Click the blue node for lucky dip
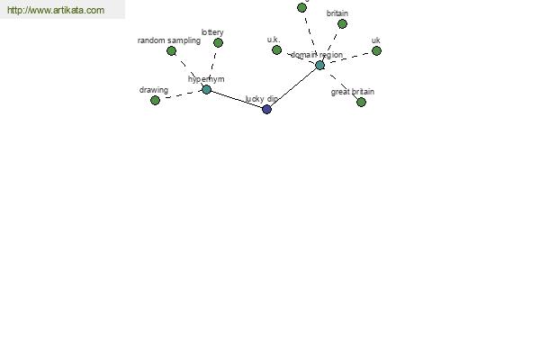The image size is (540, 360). pyautogui.click(x=266, y=109)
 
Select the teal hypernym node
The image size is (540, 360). pyautogui.click(x=206, y=90)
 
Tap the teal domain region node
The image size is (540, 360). pyautogui.click(x=319, y=65)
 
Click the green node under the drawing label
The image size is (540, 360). pyautogui.click(x=155, y=100)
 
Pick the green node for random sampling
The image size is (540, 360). pyautogui.click(x=171, y=51)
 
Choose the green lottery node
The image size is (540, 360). pyautogui.click(x=218, y=42)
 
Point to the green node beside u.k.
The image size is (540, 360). pyautogui.click(x=276, y=50)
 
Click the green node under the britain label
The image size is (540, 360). pyautogui.click(x=342, y=23)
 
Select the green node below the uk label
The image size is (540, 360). pyautogui.click(x=376, y=51)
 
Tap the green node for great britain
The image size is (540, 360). pyautogui.click(x=361, y=102)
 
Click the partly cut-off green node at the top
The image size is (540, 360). pyautogui.click(x=301, y=7)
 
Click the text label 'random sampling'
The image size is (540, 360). pyautogui.click(x=169, y=40)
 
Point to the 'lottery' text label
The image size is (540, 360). pyautogui.click(x=212, y=32)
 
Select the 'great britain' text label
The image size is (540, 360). pyautogui.click(x=352, y=92)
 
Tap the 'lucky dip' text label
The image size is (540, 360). pyautogui.click(x=261, y=99)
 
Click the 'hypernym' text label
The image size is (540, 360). pyautogui.click(x=206, y=79)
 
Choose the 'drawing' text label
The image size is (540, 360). pyautogui.click(x=154, y=90)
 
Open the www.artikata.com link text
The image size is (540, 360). pyautogui.click(x=56, y=10)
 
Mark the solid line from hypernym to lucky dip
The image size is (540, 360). pyautogui.click(x=237, y=100)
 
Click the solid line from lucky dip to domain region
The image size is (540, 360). pyautogui.click(x=293, y=87)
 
